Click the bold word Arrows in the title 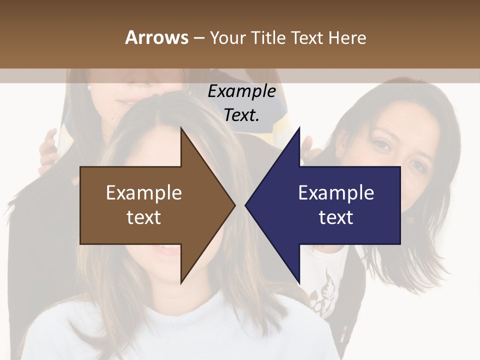(156, 37)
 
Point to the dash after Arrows (198, 38)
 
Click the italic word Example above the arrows (242, 91)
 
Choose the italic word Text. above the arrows (242, 115)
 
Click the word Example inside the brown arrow (144, 192)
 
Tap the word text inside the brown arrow (144, 217)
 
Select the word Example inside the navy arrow (336, 192)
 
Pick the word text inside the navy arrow (336, 217)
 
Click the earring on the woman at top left (89, 88)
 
